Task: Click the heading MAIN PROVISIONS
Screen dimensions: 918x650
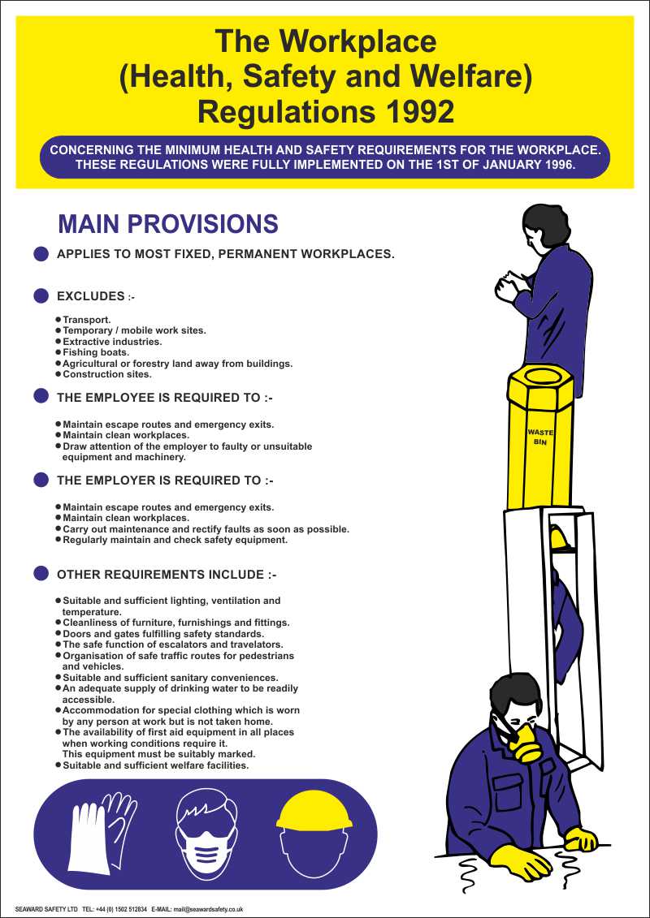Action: click(168, 224)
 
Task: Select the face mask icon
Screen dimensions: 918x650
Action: click(207, 836)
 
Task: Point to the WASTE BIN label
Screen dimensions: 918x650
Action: click(539, 437)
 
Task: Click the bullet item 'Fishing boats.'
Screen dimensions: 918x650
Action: click(96, 352)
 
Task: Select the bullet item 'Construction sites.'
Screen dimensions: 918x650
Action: click(107, 374)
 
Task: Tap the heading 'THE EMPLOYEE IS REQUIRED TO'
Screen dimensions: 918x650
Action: click(164, 398)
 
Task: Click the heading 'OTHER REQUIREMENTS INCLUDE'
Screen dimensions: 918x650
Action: click(167, 575)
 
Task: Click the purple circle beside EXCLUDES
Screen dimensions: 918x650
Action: click(41, 296)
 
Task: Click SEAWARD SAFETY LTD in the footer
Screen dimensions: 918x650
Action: click(46, 910)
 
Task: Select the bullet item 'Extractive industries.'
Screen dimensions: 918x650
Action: click(112, 342)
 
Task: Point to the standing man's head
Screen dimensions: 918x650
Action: click(543, 226)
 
